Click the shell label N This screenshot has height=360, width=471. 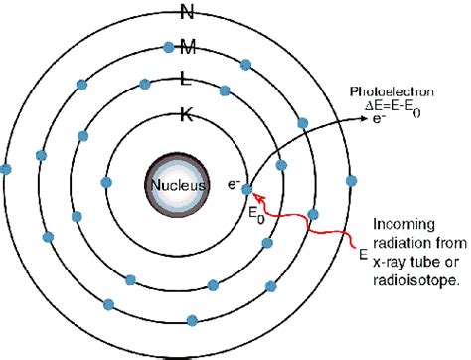187,13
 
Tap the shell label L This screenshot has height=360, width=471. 187,81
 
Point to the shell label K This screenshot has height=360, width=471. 187,114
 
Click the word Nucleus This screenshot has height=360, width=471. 179,185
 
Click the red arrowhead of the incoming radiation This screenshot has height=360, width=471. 252,192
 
